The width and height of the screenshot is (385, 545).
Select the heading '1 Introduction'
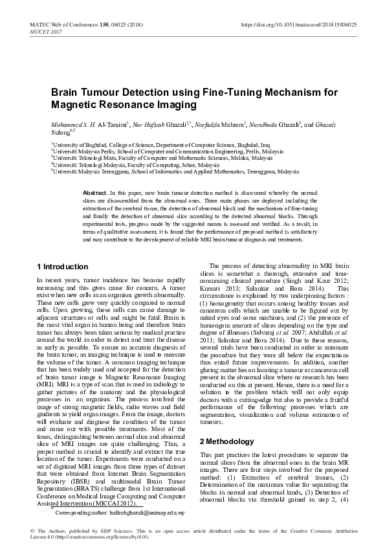coord(62,267)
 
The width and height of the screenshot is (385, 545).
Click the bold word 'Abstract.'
coord(95,194)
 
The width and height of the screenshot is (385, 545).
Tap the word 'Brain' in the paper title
coord(66,93)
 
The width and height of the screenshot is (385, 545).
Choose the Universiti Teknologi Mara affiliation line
coord(162,160)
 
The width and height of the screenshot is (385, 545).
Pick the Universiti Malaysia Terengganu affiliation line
coord(175,173)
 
